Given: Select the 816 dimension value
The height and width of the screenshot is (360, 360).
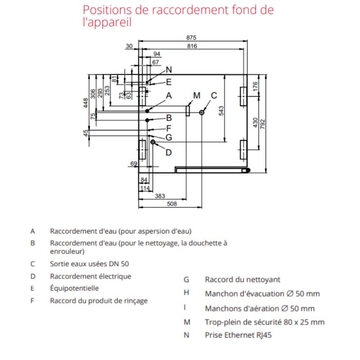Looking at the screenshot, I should pos(192,46).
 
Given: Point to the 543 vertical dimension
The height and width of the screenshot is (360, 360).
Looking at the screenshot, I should pos(221,111).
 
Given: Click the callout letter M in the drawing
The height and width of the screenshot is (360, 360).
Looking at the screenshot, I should pos(196,95).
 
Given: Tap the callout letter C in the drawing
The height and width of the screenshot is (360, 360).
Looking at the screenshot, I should pos(214,95).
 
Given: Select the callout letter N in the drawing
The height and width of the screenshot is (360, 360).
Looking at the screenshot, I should pos(169,70).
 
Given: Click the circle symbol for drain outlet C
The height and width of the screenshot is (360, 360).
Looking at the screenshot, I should pos(202,112).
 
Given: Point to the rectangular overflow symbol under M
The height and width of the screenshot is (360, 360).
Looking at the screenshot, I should pos(187,111).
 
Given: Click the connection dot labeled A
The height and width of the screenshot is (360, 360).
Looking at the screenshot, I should pos(147,110).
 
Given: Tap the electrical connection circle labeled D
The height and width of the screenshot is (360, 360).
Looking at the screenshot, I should pos(153,142).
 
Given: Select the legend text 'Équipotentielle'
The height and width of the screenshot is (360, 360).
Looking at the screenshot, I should pos(74,288).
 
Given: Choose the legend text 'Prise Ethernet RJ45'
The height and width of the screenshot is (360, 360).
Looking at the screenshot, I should pos(238,335).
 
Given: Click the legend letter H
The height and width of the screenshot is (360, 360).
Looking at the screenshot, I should pos(186,293).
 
